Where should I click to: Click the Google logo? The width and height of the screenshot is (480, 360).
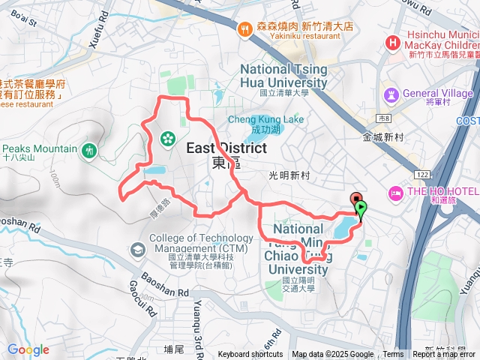28,349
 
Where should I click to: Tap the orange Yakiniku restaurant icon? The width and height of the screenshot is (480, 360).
244,29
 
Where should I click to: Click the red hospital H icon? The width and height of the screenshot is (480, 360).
391,43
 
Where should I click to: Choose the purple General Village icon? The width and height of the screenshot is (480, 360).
391,94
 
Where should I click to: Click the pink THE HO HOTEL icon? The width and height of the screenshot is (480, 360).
394,193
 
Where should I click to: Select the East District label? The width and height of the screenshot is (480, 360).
226,148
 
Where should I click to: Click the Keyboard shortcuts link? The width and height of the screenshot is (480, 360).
250,355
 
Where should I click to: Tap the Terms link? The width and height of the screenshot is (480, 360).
393,355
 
